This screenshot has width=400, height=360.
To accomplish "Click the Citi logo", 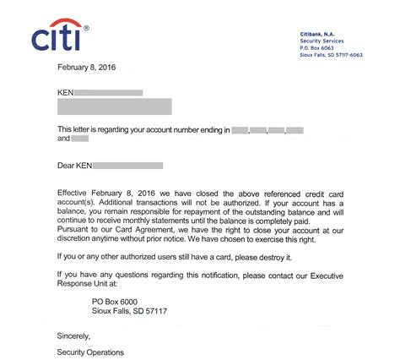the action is click(x=58, y=35).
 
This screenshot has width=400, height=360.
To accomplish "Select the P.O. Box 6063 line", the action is click(x=317, y=47).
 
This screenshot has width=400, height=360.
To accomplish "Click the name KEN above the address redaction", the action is click(x=66, y=90).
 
